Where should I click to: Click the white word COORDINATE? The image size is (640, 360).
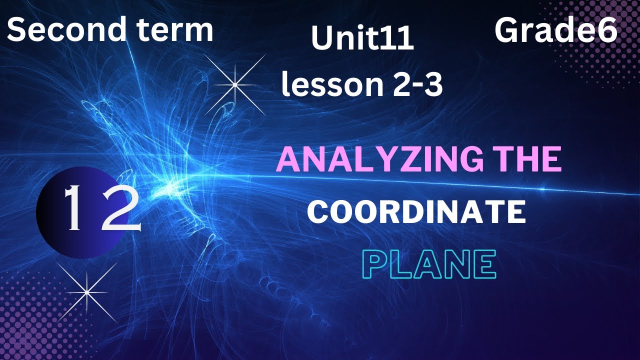416,211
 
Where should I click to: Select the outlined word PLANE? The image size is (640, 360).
428,265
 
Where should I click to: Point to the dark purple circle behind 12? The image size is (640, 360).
55,235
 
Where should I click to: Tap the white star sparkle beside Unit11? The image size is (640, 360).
234,85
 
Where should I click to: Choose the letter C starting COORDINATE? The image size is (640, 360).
316,212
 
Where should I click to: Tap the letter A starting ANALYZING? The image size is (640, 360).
288,159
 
